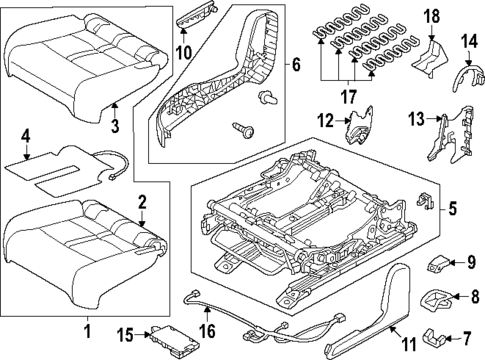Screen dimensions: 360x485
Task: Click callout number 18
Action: (431, 16)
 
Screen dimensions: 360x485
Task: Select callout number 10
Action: (183, 51)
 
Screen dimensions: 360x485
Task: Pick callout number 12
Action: (325, 122)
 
